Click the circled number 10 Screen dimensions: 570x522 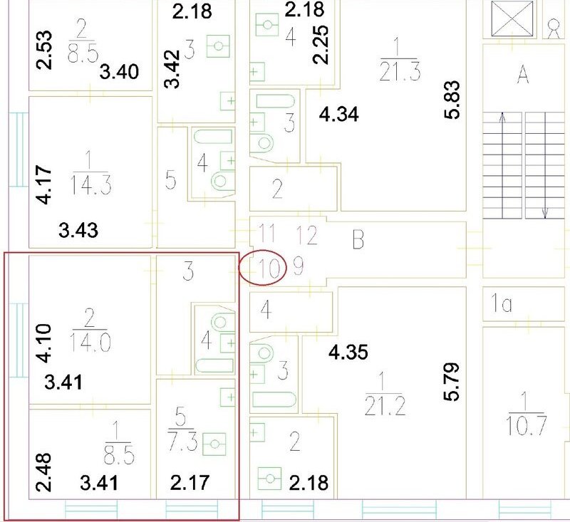pyautogui.click(x=269, y=268)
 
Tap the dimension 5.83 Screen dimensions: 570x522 pyautogui.click(x=452, y=100)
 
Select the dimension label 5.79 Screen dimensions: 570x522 pyautogui.click(x=452, y=382)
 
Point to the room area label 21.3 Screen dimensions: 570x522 pyautogui.click(x=400, y=71)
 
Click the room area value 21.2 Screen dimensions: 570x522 pyautogui.click(x=385, y=406)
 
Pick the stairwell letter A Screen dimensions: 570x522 pyautogui.click(x=523, y=75)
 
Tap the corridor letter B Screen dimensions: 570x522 pyautogui.click(x=358, y=239)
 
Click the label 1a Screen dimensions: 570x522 pyautogui.click(x=502, y=303)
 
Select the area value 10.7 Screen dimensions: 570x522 pyautogui.click(x=527, y=425)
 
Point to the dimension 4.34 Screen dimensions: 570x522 pyautogui.click(x=339, y=115)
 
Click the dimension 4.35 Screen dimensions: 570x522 pyautogui.click(x=348, y=353)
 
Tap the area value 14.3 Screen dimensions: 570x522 pyautogui.click(x=91, y=184)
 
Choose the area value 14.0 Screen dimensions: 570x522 pyautogui.click(x=90, y=343)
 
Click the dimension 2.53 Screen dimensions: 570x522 pyautogui.click(x=44, y=50)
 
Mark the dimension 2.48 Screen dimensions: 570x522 pyautogui.click(x=44, y=473)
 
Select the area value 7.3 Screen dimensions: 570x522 pyautogui.click(x=183, y=442)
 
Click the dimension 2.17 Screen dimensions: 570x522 pyautogui.click(x=190, y=483)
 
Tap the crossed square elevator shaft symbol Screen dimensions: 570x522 pyautogui.click(x=512, y=19)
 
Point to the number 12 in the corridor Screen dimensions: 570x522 pyautogui.click(x=306, y=235)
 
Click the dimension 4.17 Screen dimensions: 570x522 pyautogui.click(x=44, y=184)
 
